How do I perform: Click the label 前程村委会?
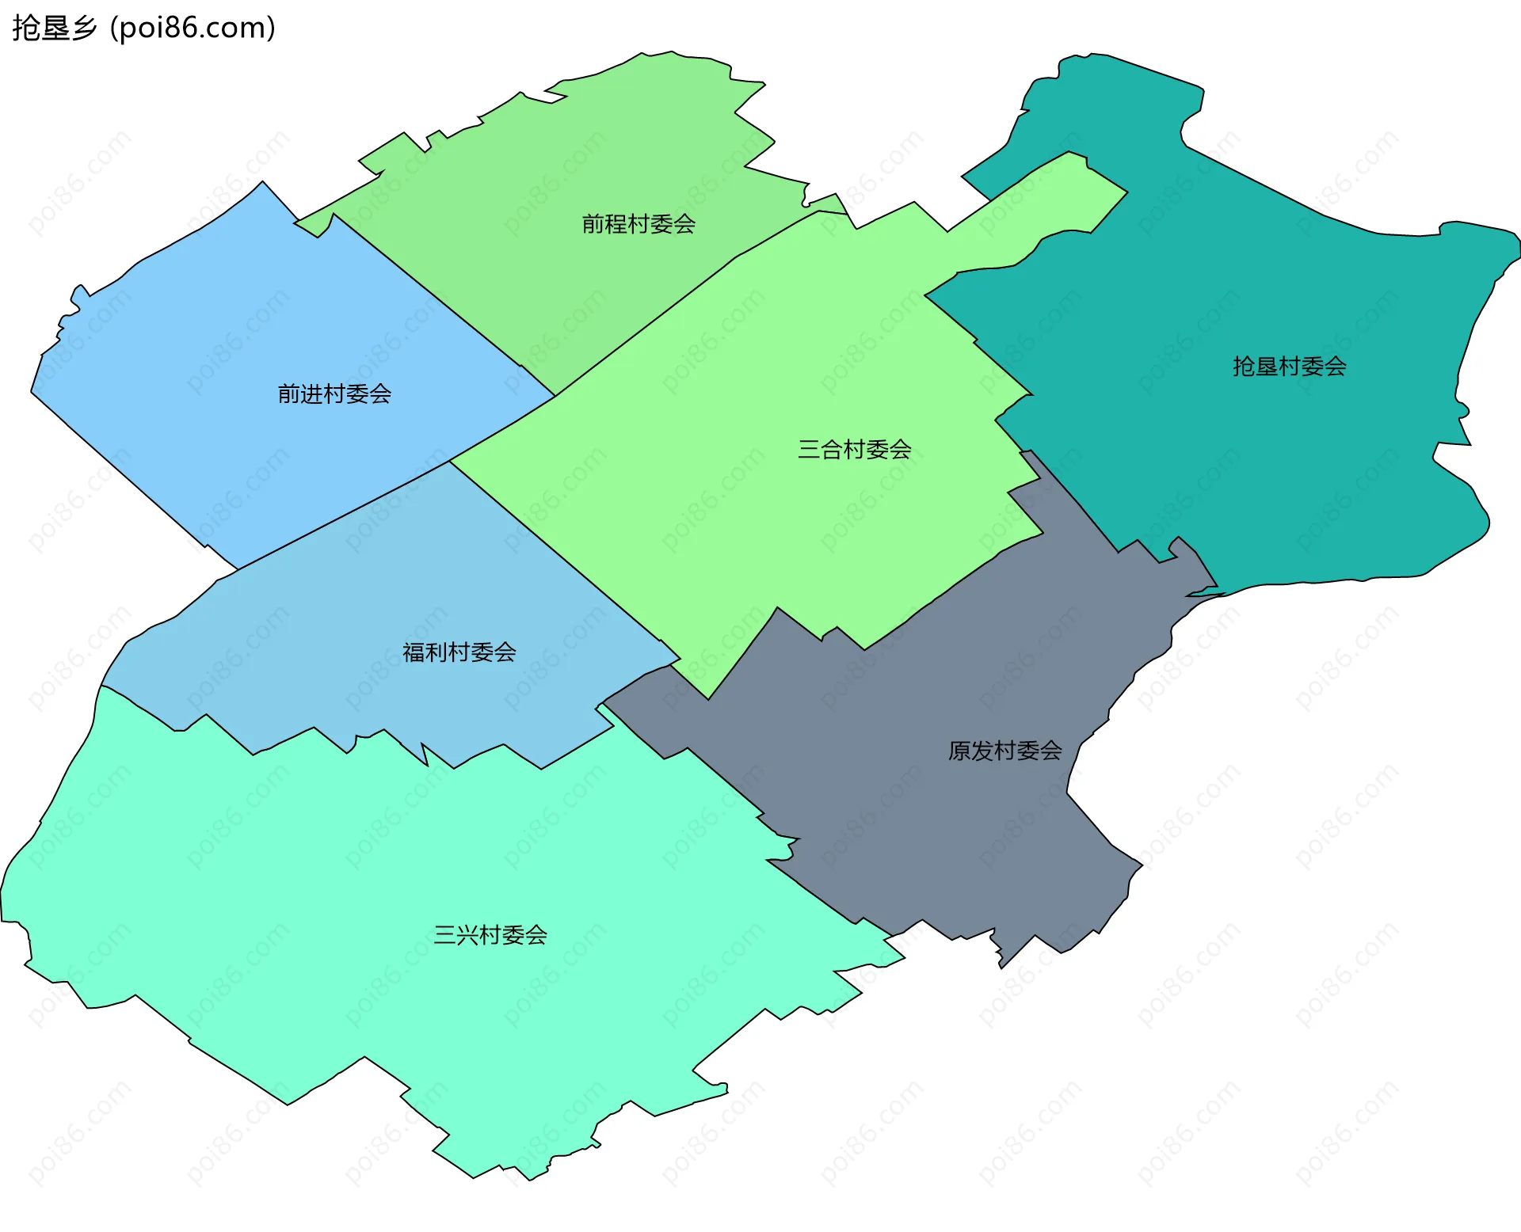639,224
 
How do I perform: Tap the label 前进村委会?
334,394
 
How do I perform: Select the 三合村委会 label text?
854,450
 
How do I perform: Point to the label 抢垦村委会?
1289,367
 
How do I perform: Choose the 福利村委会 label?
459,652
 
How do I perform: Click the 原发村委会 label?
1004,751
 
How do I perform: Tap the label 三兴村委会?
490,935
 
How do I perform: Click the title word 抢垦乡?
54,28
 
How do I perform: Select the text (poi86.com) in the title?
193,28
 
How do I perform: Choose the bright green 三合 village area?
753,515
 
